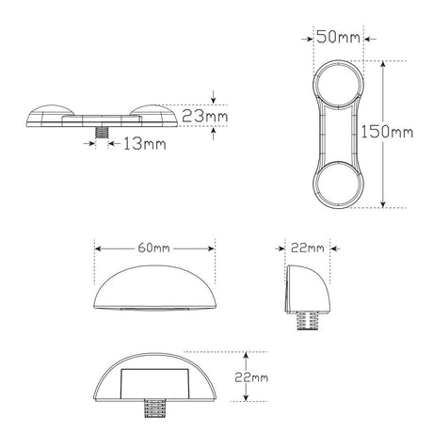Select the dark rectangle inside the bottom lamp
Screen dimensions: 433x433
tap(152, 385)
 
